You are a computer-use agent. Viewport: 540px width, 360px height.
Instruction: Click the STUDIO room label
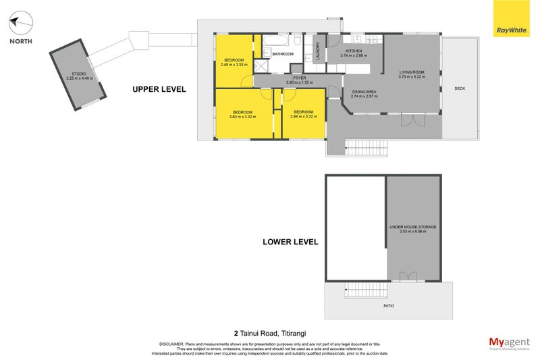coord(80,74)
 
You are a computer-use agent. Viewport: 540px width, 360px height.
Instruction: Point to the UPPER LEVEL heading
coord(159,89)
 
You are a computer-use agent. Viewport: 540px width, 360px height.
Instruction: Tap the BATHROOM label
coord(283,54)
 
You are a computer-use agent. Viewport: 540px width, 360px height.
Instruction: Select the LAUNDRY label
coord(317,54)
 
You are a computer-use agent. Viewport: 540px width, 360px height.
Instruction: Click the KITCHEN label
coord(354,51)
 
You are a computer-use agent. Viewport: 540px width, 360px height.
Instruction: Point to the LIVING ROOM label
coord(410,72)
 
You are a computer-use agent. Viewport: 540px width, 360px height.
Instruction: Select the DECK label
coord(460,88)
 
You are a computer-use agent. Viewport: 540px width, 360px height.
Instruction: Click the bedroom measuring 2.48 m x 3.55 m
coord(236,61)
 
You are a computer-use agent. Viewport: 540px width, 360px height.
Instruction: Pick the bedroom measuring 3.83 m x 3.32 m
coord(242,112)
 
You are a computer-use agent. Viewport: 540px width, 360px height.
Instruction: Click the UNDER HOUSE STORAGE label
coord(412,228)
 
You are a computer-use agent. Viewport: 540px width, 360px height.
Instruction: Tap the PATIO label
coord(389,306)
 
